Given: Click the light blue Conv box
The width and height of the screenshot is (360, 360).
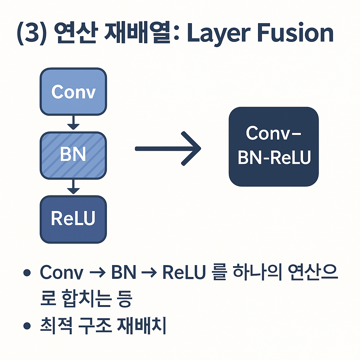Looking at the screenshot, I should [x=73, y=92].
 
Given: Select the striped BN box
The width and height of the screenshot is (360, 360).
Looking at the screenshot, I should [x=73, y=155].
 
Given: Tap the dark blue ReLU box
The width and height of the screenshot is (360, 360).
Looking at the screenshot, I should [x=73, y=219].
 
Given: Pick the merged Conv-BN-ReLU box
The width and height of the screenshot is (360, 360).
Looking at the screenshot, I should [x=274, y=146].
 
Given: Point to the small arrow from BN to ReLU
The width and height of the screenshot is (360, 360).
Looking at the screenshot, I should [x=73, y=186].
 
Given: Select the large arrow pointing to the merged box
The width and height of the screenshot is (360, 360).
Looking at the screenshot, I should [x=168, y=148].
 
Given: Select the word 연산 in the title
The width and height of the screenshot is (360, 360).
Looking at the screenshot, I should [x=72, y=34].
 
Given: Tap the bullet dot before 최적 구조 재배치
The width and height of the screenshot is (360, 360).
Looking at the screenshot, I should [x=27, y=326].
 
